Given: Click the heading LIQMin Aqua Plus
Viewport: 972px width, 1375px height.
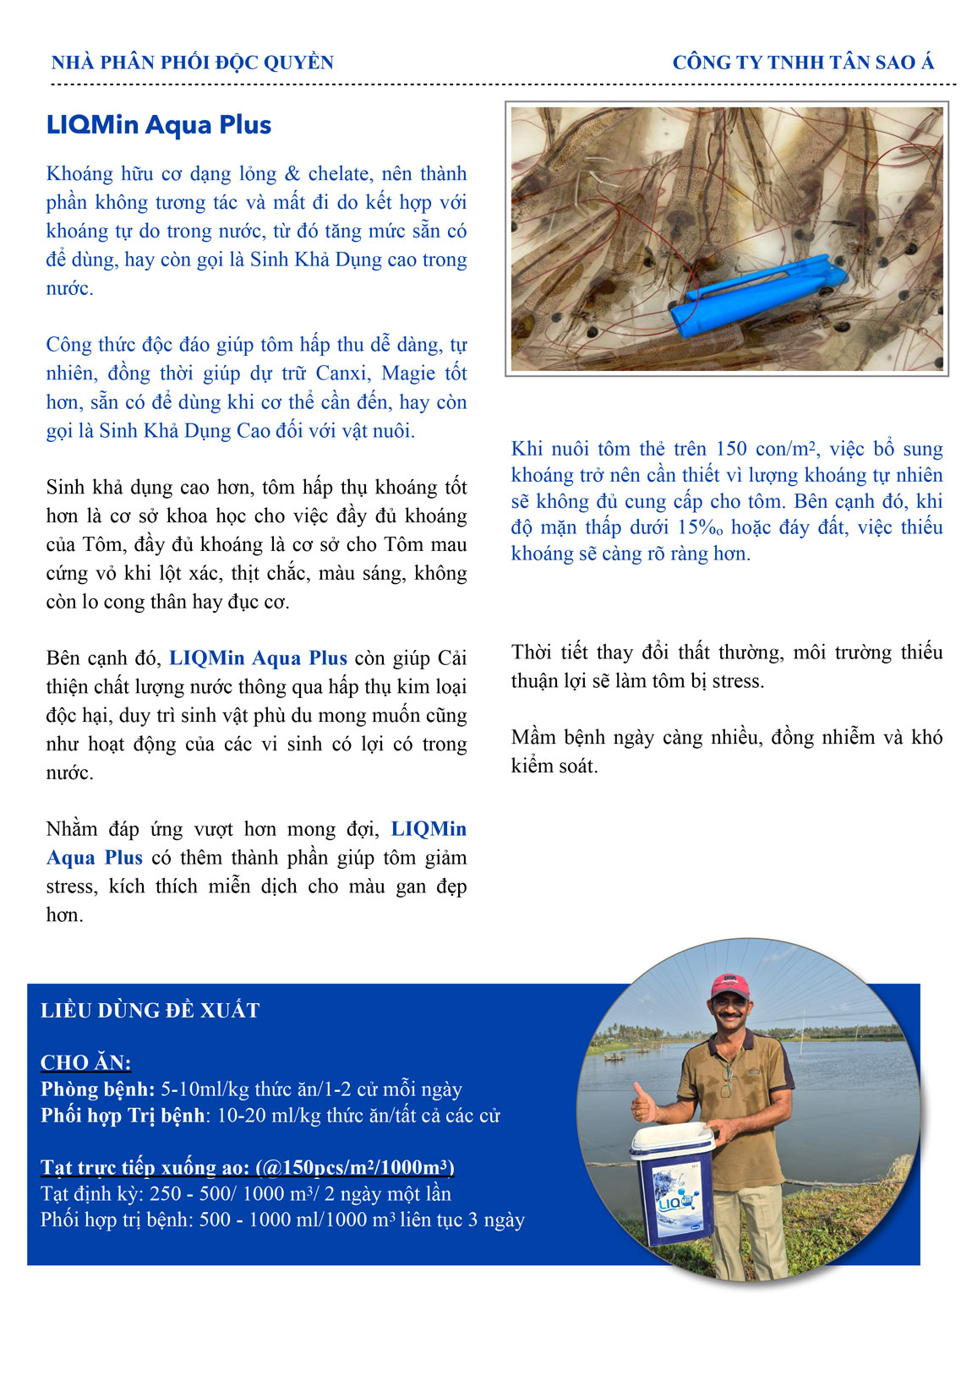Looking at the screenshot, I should (159, 125).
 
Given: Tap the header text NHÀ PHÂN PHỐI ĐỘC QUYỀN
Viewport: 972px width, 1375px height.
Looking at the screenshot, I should (193, 63).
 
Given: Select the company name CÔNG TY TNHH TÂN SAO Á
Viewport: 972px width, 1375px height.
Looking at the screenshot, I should (803, 63).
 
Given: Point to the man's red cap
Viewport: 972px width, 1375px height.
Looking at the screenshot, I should (729, 985).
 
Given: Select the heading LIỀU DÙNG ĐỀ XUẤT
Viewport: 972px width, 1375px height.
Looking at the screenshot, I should (150, 1011).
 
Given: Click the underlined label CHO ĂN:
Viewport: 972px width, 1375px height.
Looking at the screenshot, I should (86, 1063).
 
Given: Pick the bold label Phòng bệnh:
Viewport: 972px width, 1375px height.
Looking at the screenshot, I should (98, 1089).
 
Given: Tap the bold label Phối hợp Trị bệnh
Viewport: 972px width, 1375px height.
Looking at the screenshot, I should (123, 1116).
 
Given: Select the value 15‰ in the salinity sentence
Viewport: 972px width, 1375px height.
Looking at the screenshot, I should (702, 527).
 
